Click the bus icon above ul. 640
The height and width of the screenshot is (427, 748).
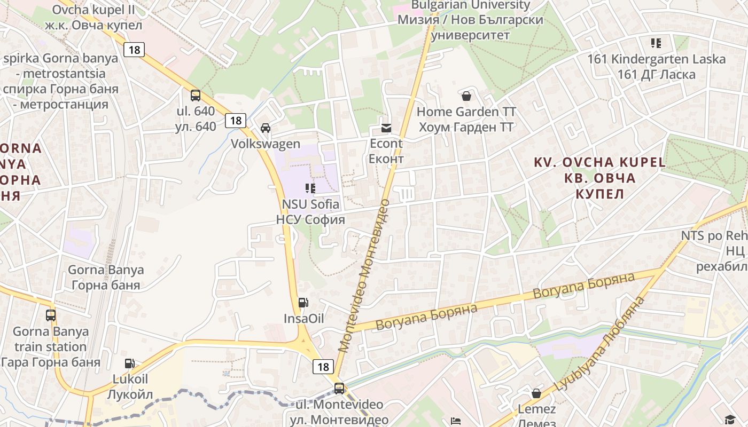196,96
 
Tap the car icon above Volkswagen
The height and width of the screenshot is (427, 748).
266,128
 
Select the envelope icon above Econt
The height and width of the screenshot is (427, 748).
386,128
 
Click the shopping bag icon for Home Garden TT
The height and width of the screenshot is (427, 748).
466,96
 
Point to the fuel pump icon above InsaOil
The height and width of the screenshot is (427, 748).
303,303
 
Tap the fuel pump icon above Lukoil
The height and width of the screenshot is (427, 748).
130,363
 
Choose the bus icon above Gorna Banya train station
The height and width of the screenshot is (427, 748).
51,315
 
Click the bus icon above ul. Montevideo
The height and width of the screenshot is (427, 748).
339,389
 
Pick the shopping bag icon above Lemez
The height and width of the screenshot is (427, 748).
536,394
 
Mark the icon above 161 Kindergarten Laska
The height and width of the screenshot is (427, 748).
656,43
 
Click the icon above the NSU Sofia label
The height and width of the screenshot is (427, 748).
310,188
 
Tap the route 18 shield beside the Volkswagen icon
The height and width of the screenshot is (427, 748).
235,121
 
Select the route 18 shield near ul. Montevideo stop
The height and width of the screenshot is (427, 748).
323,367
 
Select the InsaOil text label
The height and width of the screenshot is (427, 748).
304,319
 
